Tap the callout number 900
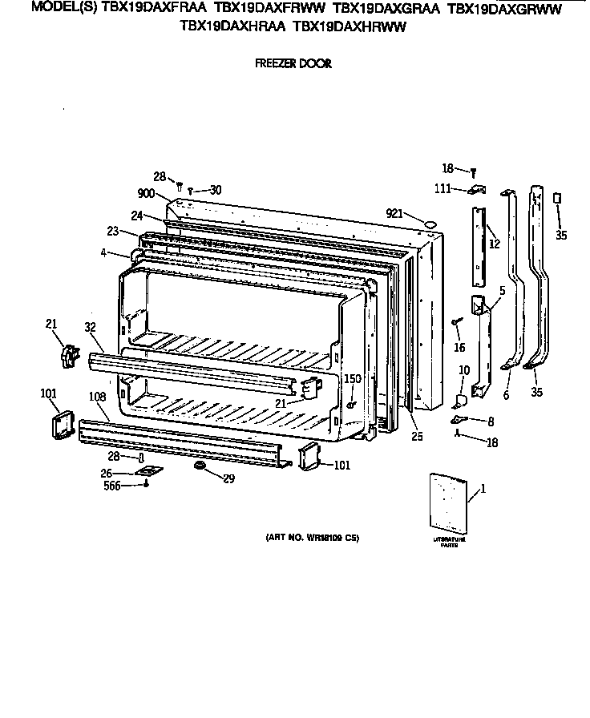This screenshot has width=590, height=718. pos(146,194)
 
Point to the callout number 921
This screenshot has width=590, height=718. pos(394,212)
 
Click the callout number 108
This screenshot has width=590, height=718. pos(97,396)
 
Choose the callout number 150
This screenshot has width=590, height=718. pos(353,377)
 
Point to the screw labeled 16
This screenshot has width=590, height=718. pos(456,322)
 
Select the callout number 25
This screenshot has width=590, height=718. pos(416,437)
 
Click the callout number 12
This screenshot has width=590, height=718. pos(495,244)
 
